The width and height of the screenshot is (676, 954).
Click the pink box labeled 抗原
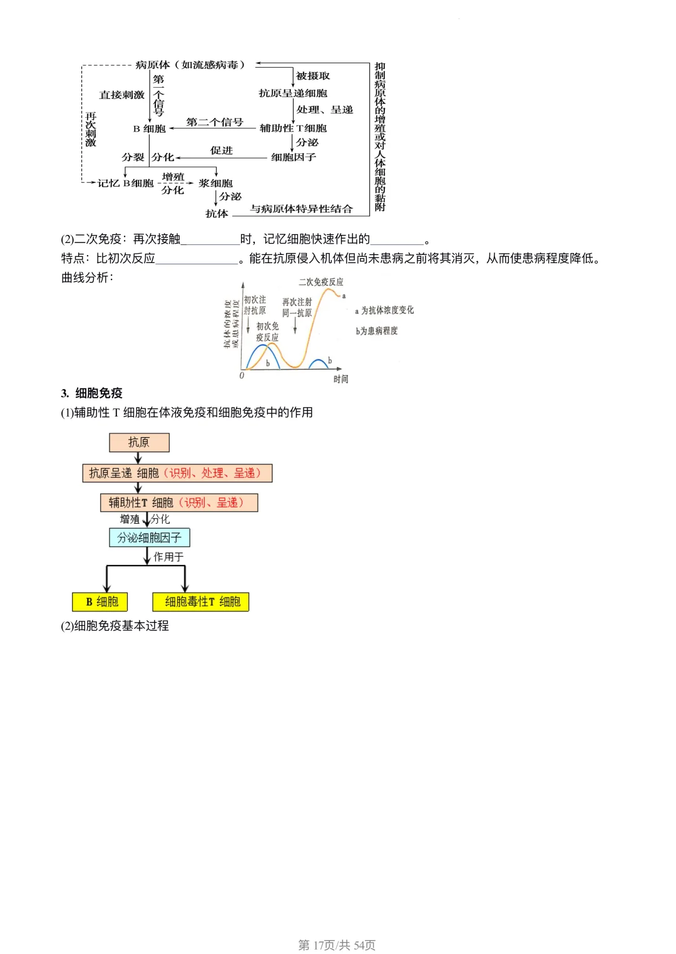coord(139,442)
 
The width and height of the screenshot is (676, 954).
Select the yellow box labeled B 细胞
coord(101,601)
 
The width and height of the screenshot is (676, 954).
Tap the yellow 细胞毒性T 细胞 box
coord(201,601)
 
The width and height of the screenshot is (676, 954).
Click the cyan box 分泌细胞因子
coord(150,537)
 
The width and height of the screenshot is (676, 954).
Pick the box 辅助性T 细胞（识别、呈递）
coord(179,502)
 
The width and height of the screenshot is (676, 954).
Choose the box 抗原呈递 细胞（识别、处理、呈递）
coord(177,473)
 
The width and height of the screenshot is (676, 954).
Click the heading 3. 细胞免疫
coord(92,393)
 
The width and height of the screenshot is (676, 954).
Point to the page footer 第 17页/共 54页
coord(337,945)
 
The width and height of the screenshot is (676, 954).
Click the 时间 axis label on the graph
coord(341,379)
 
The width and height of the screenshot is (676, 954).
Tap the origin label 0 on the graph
coord(242,376)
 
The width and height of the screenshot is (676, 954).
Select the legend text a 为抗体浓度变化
coord(384,310)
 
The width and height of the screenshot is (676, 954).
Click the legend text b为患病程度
coord(377,331)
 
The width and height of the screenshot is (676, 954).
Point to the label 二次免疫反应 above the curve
coord(321,283)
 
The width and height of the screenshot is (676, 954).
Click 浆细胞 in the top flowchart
coord(215,184)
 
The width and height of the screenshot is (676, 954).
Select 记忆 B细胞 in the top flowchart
coord(125,184)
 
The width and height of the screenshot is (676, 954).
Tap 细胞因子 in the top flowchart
coord(293,157)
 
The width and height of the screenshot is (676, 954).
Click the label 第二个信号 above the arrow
coord(215,122)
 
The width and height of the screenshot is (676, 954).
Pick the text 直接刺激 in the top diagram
coord(121,95)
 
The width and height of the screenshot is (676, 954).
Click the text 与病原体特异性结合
coord(301,209)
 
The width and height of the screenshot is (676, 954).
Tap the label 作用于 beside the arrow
coord(168,557)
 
